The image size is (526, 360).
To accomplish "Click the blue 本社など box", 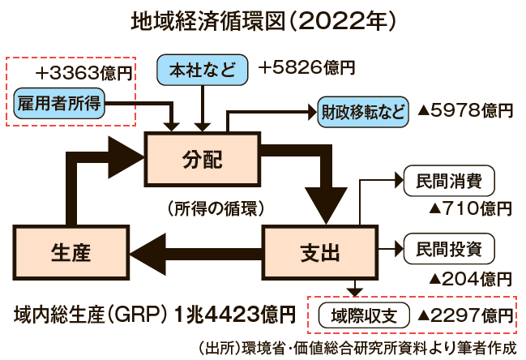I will pos(202,71).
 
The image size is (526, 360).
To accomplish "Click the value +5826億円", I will pos(307,70).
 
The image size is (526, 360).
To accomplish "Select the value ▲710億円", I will pos(469,208).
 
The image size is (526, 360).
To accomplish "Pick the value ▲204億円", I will pos(469,277).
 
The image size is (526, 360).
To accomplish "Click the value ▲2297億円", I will pos(464,314).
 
